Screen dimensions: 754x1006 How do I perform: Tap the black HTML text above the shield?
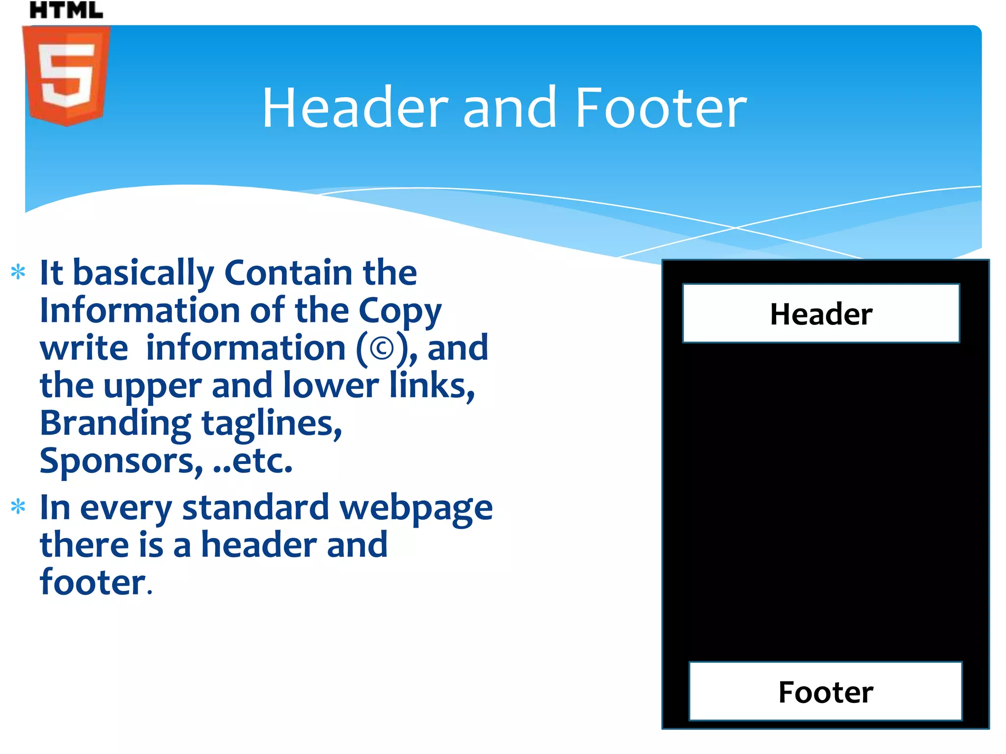point(66,10)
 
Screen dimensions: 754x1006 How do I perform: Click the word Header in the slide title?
point(355,108)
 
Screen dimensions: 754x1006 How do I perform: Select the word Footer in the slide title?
point(661,108)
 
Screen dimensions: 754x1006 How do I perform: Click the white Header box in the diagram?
point(821,313)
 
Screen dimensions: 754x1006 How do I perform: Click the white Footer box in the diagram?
point(825,691)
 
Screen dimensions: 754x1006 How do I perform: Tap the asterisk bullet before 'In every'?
point(18,506)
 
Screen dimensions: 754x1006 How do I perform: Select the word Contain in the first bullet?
point(289,272)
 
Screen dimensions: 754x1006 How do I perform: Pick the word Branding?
point(115,423)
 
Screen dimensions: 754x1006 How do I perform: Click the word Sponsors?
point(121,461)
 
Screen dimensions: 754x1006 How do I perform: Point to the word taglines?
point(272,423)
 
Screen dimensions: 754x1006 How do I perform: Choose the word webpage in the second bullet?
point(416,508)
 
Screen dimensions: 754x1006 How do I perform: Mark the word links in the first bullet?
point(432,386)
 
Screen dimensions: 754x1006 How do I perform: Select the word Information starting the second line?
point(140,310)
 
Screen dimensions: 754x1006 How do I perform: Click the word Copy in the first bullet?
point(400,311)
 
